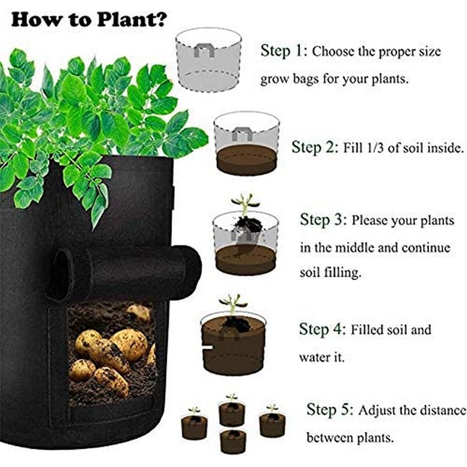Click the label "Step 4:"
[322, 330]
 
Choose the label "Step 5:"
[329, 410]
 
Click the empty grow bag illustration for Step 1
[208, 59]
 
